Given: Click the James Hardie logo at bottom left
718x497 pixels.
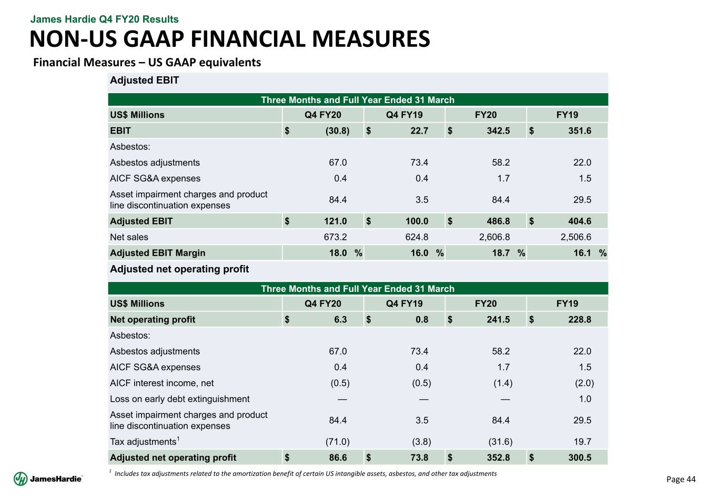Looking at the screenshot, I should coord(48,479).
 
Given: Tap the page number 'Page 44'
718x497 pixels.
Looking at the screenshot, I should coord(681,479).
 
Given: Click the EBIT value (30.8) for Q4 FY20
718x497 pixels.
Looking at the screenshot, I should coord(337,130).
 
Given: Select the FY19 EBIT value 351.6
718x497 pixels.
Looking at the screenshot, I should coord(580,130).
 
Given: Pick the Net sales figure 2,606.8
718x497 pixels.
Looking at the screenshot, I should coord(494,237).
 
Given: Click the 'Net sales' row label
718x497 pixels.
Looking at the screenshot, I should coord(129,237).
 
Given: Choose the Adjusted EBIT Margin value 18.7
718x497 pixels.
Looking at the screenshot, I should coord(500,253).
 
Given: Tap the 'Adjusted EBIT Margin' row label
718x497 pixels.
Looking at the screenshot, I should coord(157,253).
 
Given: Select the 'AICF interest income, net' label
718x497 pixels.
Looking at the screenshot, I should coord(161,383).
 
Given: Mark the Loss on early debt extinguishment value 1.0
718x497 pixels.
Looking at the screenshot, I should coord(584,399).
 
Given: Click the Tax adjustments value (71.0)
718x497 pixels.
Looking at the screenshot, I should coord(337,442).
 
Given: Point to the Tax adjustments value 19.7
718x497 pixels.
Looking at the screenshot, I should coord(582,442).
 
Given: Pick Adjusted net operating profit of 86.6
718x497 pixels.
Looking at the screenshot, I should coord(338,458).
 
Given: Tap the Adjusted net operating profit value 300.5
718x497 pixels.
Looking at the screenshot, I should coord(580,458).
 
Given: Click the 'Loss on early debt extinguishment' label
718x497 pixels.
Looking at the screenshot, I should coord(179,399).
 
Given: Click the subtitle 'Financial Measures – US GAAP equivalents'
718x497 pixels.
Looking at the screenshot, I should coord(147,63).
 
